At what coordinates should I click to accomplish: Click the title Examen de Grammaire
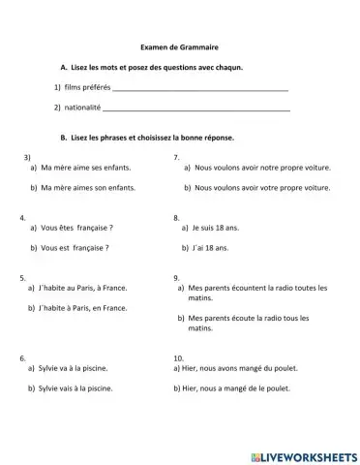tap(180, 47)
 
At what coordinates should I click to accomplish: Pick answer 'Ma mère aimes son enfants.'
tap(89, 187)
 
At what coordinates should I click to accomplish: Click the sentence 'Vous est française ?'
tap(75, 247)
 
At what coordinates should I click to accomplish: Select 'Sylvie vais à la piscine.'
tap(76, 388)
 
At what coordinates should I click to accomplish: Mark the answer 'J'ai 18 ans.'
tap(212, 248)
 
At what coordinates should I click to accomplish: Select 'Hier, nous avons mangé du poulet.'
tap(241, 368)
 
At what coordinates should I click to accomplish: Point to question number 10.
tap(178, 357)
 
